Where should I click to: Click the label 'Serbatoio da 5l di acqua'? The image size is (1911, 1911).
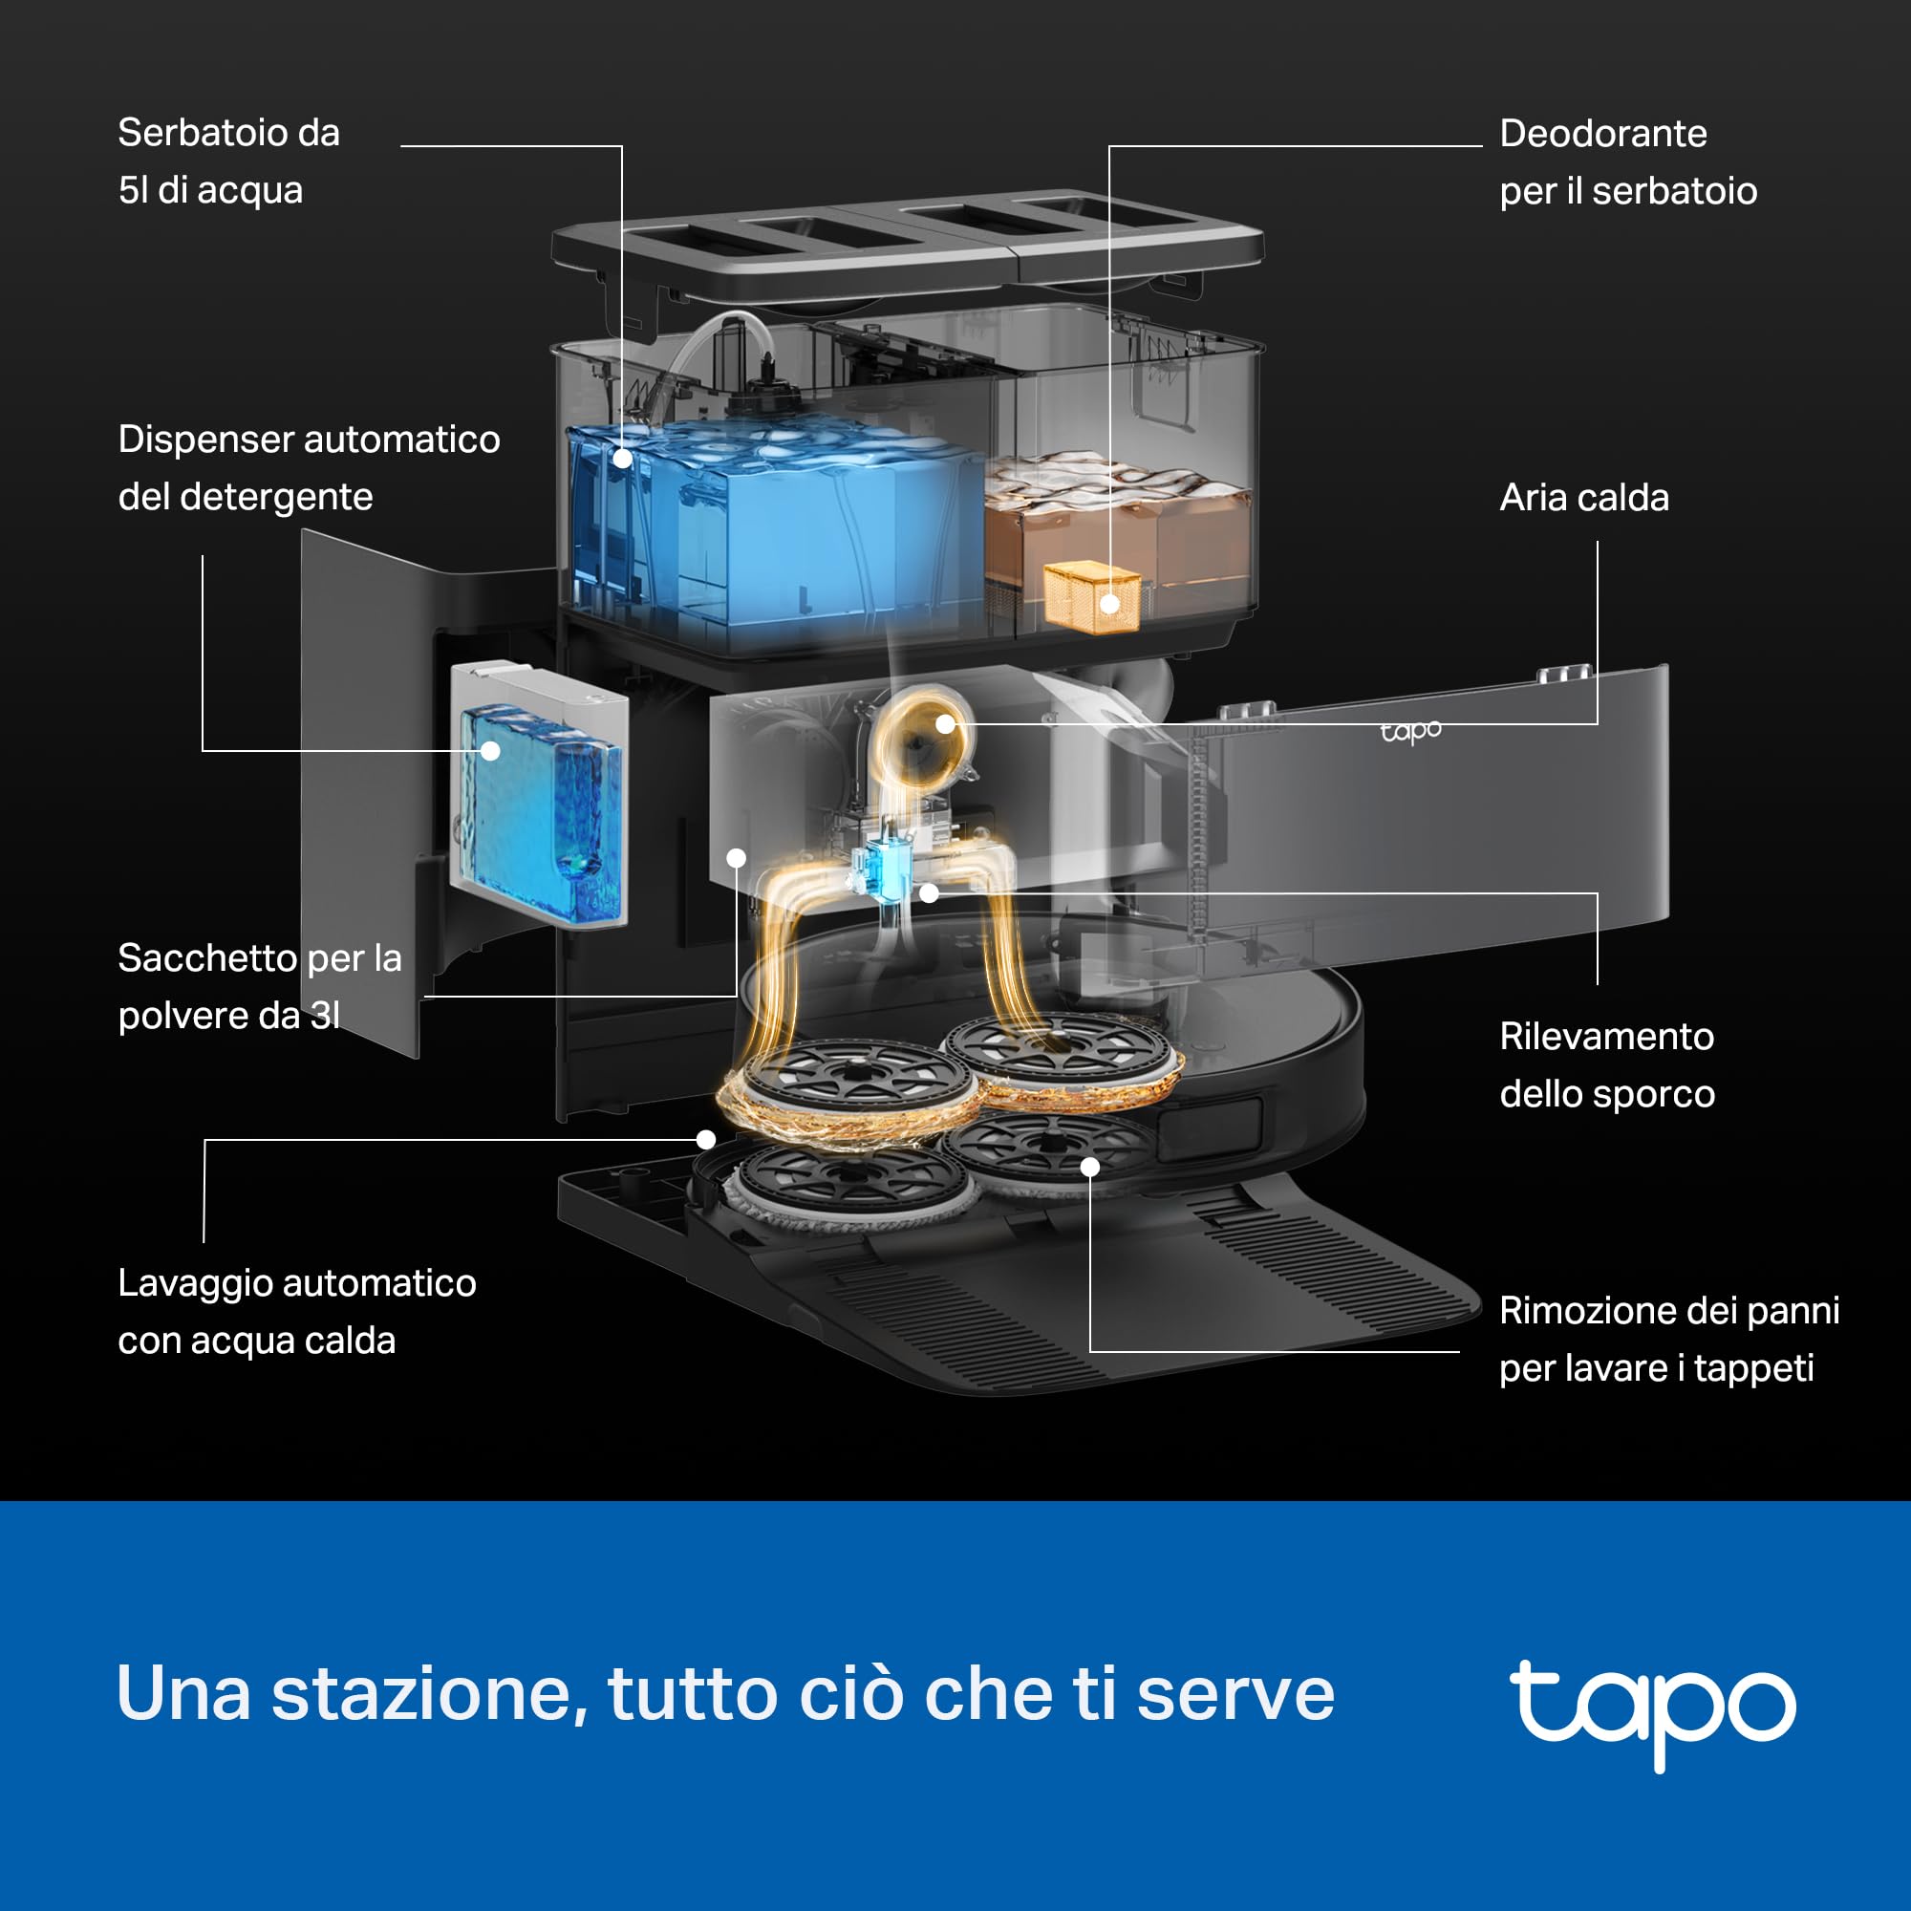228,161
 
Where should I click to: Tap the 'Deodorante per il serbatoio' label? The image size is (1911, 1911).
1628,161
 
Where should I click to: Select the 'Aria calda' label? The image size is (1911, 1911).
1583,498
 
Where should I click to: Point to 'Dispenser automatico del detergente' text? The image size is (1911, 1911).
309,468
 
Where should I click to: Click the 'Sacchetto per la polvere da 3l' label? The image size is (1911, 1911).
259,986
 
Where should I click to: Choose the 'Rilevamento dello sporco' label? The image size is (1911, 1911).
1607,1065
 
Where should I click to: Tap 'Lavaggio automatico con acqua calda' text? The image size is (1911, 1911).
297,1312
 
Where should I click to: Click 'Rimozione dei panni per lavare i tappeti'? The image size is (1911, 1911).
1668,1340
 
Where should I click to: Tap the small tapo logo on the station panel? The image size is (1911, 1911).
1410,732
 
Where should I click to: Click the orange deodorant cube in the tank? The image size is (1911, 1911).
1092,596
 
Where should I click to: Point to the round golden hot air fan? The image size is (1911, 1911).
920,737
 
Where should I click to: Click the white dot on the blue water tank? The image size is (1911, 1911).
622,458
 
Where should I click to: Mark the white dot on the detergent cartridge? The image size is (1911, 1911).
490,751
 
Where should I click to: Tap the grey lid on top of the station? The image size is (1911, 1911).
907,247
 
